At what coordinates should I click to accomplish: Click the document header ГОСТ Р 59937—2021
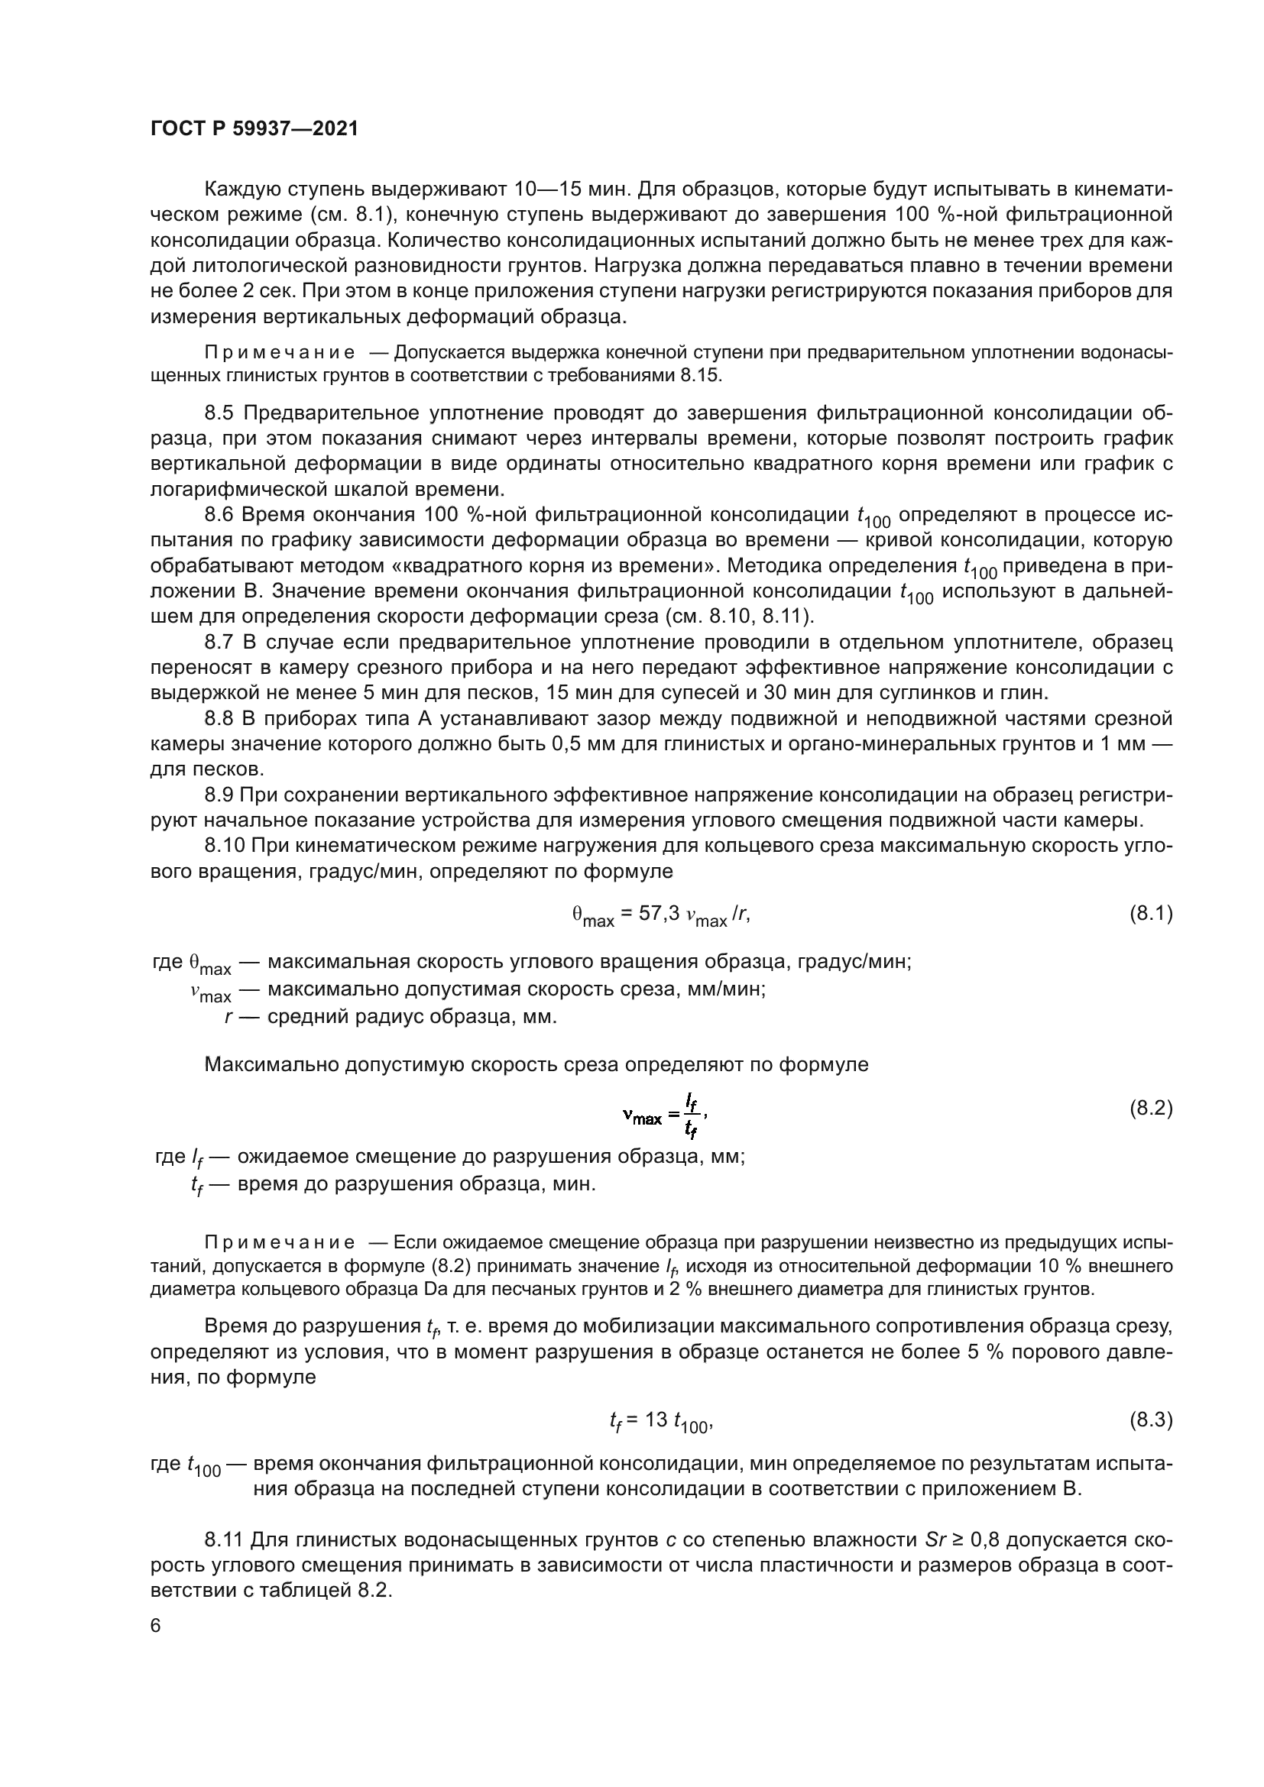254,129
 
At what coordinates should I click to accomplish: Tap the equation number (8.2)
1150,1109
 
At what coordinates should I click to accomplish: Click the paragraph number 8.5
220,413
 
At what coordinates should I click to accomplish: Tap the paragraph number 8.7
220,642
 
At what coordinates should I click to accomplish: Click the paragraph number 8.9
220,795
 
